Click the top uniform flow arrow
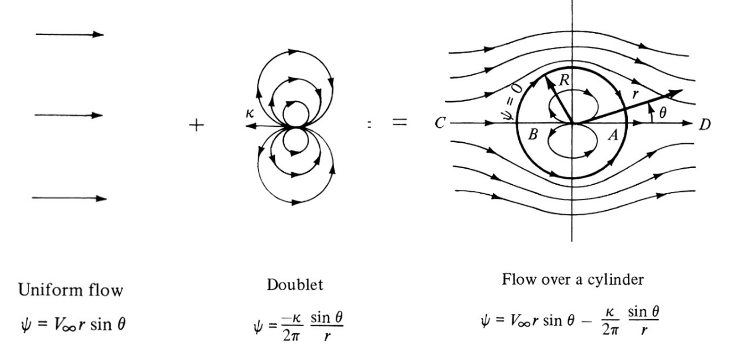click(x=70, y=34)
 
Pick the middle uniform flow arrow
click(x=70, y=115)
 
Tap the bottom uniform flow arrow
click(x=70, y=198)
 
